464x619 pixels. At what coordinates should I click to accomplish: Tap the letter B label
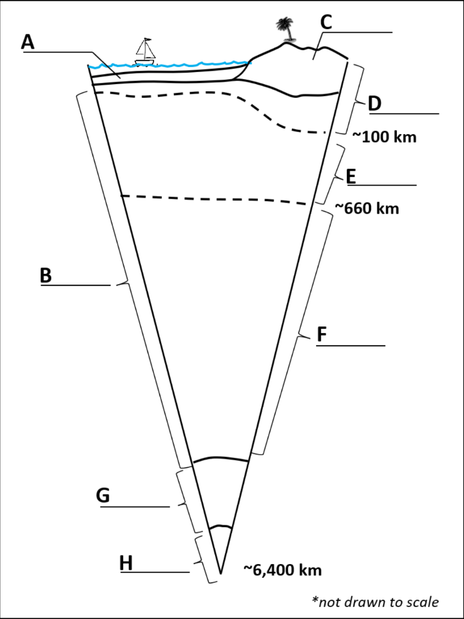click(46, 275)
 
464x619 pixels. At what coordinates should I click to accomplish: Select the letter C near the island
click(326, 22)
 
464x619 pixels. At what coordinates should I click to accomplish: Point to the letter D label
click(375, 103)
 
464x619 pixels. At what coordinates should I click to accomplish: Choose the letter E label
click(351, 176)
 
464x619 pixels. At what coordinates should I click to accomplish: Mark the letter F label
click(323, 334)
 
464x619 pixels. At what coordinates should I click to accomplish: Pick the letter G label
click(103, 496)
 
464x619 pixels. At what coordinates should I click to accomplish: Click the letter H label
click(126, 563)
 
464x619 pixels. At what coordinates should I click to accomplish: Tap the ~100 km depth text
click(384, 137)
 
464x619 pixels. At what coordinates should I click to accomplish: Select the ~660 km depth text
click(367, 209)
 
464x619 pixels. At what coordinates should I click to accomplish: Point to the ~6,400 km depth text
click(282, 569)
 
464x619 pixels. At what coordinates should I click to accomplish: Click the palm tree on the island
click(284, 28)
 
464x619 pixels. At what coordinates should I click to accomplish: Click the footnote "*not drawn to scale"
click(375, 601)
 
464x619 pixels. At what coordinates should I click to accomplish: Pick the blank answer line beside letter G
click(135, 507)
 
